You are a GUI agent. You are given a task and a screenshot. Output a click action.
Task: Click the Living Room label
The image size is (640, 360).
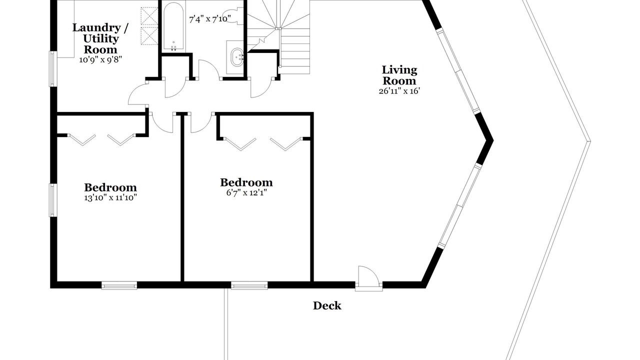point(399,75)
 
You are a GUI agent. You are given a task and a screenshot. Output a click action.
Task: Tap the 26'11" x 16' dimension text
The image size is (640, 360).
point(399,91)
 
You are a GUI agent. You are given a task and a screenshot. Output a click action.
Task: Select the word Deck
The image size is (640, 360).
point(327,305)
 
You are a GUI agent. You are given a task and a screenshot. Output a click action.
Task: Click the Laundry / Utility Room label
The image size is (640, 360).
point(100,38)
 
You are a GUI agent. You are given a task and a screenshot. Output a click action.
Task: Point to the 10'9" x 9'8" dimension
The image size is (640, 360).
point(100,59)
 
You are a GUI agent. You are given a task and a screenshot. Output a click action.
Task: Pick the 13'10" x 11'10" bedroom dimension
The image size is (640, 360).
point(110,197)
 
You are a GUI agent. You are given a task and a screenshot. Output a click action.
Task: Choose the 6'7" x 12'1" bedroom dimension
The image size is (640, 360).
point(246,192)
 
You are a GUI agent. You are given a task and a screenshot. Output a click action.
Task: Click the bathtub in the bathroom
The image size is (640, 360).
point(173,27)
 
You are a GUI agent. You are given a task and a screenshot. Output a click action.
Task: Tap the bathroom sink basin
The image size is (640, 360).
point(237,57)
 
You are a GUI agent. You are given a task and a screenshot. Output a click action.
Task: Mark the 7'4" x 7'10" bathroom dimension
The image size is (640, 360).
point(209,19)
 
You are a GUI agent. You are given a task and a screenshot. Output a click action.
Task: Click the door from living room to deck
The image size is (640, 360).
point(369,278)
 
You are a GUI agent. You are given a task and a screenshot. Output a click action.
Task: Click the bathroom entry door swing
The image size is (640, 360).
point(209,69)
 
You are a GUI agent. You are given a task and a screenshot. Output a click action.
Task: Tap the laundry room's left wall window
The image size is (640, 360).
point(53,68)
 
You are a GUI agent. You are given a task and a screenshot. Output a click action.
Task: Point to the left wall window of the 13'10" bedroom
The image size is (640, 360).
point(53,200)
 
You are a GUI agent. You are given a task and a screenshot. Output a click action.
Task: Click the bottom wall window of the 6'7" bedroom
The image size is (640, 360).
point(249,285)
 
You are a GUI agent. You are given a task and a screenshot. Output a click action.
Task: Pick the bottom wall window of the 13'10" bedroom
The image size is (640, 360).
point(119,285)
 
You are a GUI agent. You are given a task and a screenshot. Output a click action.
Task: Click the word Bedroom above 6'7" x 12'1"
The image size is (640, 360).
point(246,182)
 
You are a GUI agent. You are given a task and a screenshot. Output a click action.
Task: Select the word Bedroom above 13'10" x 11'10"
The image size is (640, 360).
point(110,187)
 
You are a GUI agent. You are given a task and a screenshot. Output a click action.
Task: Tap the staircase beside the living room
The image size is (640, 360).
point(278,37)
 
